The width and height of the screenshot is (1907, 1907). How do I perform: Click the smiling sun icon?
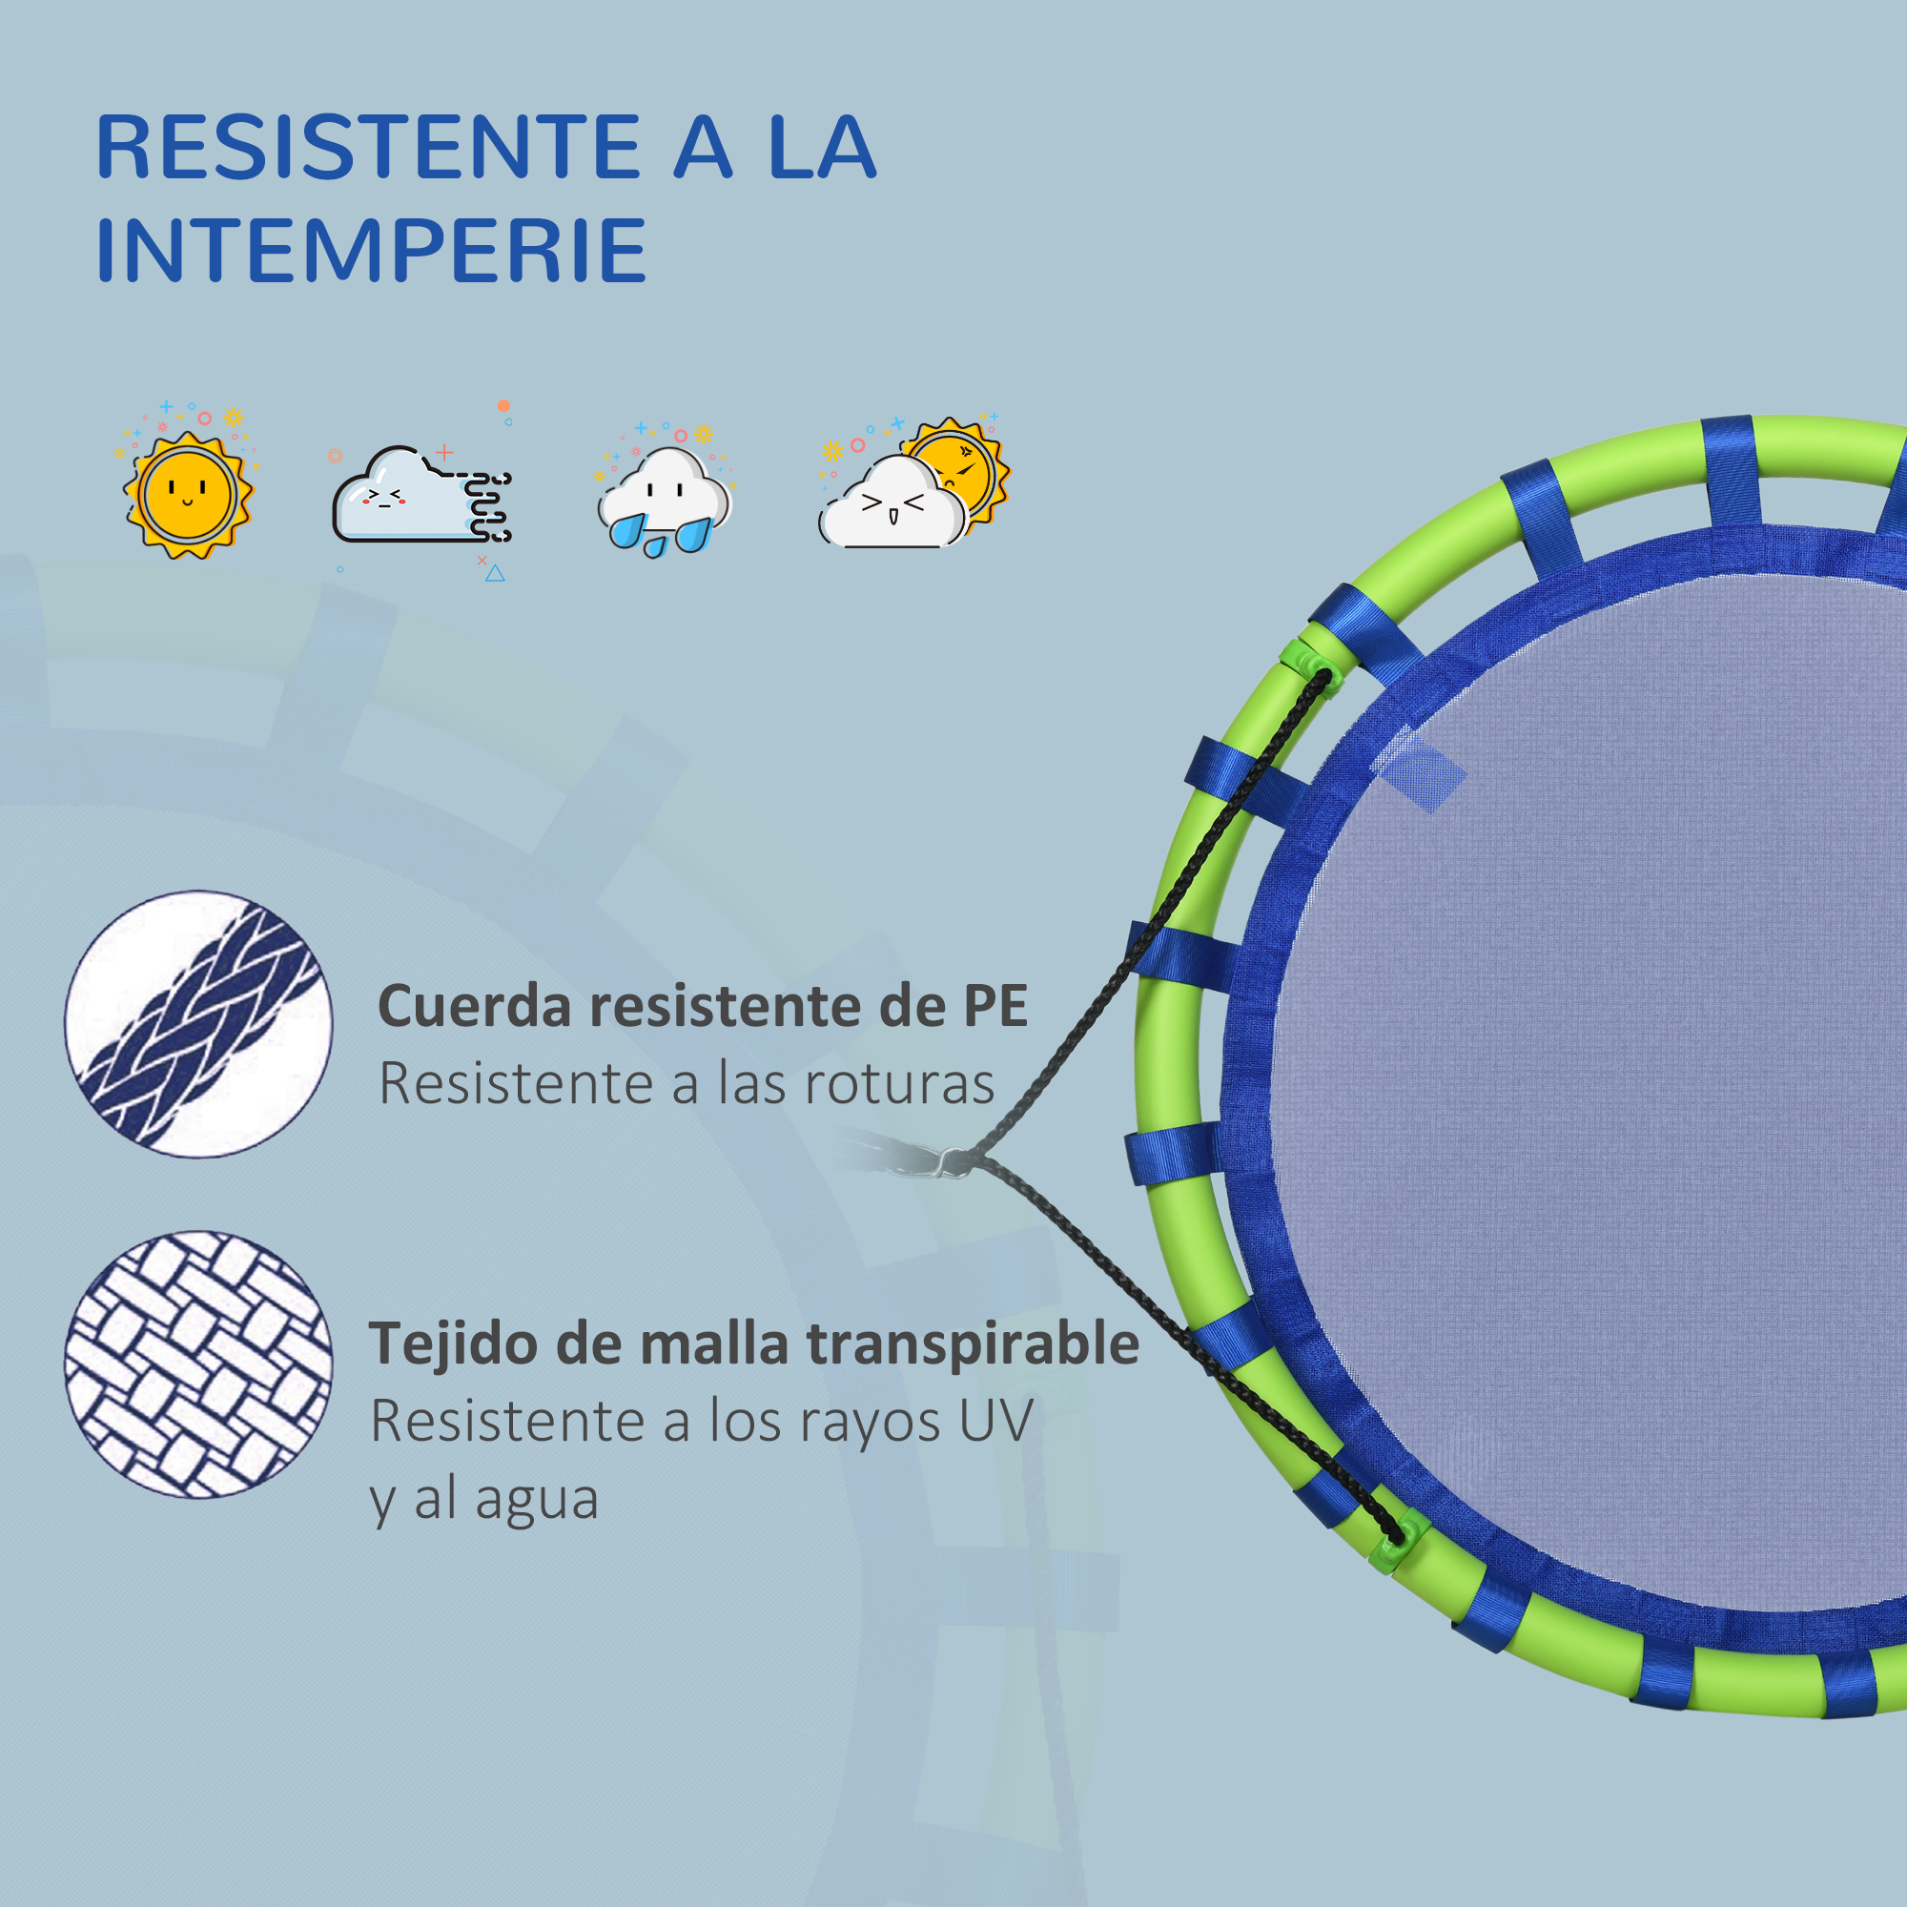188,494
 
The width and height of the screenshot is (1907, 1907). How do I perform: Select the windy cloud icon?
421,494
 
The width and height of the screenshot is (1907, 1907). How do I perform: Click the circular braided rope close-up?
198,1023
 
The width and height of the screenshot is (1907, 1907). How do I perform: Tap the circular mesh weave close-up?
198,1364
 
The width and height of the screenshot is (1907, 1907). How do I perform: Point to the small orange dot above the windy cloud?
503,405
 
